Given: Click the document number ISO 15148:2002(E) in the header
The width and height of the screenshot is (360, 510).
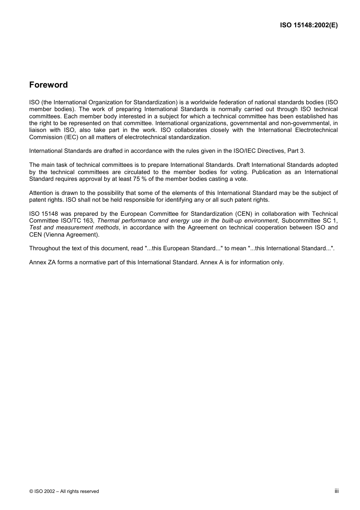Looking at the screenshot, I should click(308, 25).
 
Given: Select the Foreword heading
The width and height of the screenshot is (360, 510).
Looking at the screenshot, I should click(49, 85).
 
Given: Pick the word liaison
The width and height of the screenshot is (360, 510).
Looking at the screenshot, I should click(37, 130).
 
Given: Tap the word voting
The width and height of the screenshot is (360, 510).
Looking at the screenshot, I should click(238, 172).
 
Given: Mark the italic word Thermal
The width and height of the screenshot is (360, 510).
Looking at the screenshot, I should click(108, 221).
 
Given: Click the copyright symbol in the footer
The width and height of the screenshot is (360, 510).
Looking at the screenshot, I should click(31, 491).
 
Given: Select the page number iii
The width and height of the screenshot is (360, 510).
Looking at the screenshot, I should click(337, 491).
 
